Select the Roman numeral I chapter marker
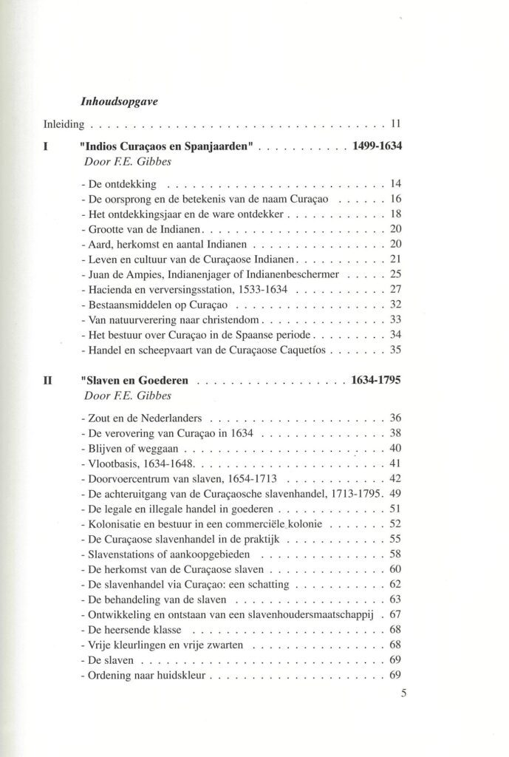tap(47, 147)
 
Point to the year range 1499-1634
tap(377, 147)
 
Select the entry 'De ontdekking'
tap(122, 183)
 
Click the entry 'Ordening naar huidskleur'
tap(146, 675)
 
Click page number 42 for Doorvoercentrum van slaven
tap(394, 478)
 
